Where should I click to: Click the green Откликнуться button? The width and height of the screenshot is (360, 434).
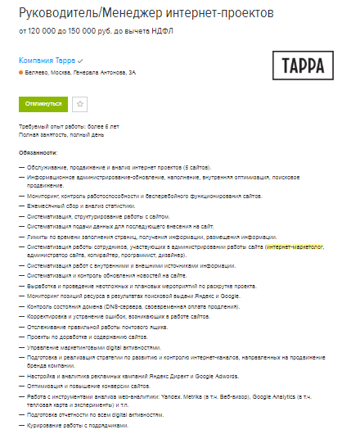tap(43, 104)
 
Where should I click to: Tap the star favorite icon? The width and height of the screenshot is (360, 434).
tap(79, 104)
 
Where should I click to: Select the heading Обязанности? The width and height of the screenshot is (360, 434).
tap(39, 151)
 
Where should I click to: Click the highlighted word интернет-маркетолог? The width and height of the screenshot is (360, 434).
tap(295, 246)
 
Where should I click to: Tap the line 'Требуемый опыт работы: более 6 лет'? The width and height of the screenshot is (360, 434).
tap(69, 126)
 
